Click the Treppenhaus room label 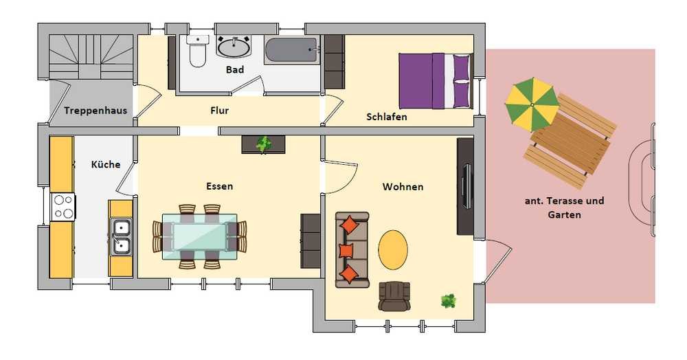click(95, 111)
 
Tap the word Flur click(220, 111)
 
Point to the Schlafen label click(386, 117)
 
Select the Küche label click(106, 164)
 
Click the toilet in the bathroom click(197, 51)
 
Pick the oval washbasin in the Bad click(234, 47)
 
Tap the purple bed click(436, 80)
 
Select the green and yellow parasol click(532, 104)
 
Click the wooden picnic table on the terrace click(570, 141)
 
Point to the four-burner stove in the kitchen click(63, 207)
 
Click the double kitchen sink click(120, 236)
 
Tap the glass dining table click(200, 236)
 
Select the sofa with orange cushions click(352, 250)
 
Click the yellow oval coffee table click(393, 250)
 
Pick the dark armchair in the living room click(394, 297)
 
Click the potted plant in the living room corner click(448, 301)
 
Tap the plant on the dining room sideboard click(264, 144)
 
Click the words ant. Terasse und click(564, 201)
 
